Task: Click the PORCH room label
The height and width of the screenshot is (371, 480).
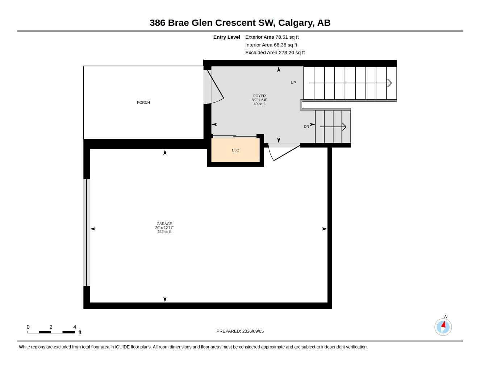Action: [143, 103]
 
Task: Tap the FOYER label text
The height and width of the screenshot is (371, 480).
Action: [259, 96]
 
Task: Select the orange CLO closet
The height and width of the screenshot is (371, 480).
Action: [235, 150]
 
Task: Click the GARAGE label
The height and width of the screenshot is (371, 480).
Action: [164, 224]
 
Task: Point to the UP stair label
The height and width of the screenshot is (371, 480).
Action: [293, 83]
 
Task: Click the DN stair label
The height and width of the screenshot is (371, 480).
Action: [306, 126]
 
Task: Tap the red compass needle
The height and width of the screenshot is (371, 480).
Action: [443, 324]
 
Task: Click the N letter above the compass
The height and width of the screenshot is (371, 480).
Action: [446, 316]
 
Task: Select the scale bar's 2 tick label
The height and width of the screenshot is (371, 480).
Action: [51, 327]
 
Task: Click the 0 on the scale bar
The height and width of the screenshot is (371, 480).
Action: [28, 327]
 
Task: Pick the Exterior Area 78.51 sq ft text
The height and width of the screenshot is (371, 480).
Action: [272, 37]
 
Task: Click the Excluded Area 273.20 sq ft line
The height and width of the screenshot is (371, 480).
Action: [275, 53]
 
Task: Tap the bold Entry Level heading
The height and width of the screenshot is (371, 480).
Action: [227, 37]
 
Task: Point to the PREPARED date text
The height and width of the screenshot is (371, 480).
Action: [240, 331]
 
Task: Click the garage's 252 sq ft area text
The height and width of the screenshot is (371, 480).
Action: [164, 232]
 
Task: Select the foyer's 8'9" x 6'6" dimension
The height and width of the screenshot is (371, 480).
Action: [259, 100]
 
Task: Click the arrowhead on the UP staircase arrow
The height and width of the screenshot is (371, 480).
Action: [389, 83]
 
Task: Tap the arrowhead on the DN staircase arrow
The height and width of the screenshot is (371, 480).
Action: [344, 127]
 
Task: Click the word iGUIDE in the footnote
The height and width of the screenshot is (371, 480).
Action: [122, 347]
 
